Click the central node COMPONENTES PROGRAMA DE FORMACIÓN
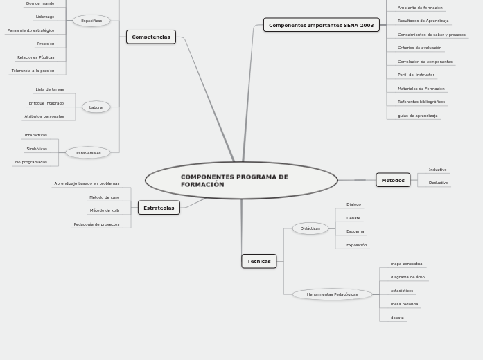pyautogui.click(x=241, y=181)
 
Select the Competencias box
pyautogui.click(x=151, y=37)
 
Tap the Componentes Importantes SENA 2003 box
pyautogui.click(x=321, y=25)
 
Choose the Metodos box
pyautogui.click(x=393, y=180)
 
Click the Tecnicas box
pyautogui.click(x=259, y=261)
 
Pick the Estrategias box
pyautogui.click(x=159, y=208)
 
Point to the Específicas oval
pyautogui.click(x=91, y=21)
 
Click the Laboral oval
pyautogui.click(x=96, y=107)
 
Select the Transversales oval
pyautogui.click(x=88, y=153)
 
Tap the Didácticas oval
pyautogui.click(x=310, y=228)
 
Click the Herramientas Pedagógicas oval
pyautogui.click(x=333, y=294)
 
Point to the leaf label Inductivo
pyautogui.click(x=437, y=170)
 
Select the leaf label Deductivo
pyautogui.click(x=438, y=183)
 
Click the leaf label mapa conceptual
pyautogui.click(x=407, y=264)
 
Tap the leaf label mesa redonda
pyautogui.click(x=404, y=304)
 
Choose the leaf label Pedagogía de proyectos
pyautogui.click(x=96, y=224)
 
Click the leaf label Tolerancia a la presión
pyautogui.click(x=33, y=71)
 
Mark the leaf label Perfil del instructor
pyautogui.click(x=416, y=75)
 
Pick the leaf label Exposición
pyautogui.click(x=356, y=245)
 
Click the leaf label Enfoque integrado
pyautogui.click(x=46, y=103)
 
